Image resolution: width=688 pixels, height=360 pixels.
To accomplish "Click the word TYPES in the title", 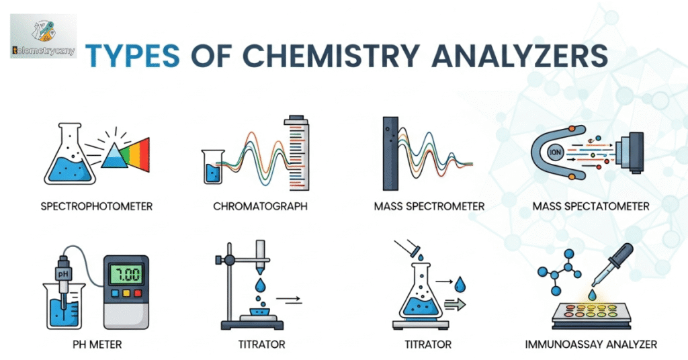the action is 132,56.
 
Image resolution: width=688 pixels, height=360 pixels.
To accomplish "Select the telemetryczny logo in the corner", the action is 44,36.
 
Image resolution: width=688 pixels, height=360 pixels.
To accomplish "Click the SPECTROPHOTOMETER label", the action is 97,206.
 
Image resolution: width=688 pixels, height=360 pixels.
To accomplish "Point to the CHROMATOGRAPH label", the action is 260,206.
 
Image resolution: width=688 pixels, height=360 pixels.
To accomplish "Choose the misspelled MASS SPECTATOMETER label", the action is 591,206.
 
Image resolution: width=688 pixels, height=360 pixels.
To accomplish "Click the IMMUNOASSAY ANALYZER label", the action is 591,344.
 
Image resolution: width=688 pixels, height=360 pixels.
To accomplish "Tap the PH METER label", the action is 97,345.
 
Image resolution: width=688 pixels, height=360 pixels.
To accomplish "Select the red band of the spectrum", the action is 144,154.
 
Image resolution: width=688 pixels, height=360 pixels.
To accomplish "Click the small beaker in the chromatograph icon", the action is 213,167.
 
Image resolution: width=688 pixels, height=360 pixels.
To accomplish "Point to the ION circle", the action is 555,152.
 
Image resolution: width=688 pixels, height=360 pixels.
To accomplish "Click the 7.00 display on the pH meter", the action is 126,275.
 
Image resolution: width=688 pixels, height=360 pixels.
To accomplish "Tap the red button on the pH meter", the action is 138,293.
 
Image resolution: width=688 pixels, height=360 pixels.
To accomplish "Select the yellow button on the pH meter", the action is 126,293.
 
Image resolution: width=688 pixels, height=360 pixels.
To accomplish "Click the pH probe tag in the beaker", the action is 62,275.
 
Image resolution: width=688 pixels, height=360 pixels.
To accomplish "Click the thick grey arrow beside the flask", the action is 455,304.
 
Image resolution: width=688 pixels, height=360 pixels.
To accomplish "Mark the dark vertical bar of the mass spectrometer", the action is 390,154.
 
